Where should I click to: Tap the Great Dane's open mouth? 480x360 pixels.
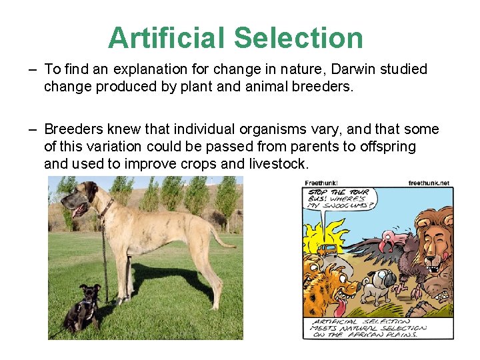pyautogui.click(x=79, y=210)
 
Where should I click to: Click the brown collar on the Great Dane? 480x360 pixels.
pyautogui.click(x=106, y=208)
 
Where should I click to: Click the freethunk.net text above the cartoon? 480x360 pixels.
pyautogui.click(x=429, y=183)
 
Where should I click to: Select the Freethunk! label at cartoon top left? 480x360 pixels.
pyautogui.click(x=321, y=183)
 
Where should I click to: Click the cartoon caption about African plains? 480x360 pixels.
pyautogui.click(x=367, y=328)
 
